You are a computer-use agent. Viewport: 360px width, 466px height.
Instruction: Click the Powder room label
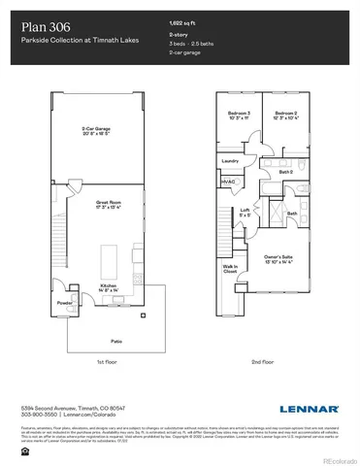[x=64, y=302]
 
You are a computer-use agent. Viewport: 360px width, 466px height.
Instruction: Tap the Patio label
[x=115, y=342]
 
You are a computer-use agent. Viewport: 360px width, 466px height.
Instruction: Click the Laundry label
[x=230, y=160]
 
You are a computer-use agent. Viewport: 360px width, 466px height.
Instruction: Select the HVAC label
[x=229, y=181]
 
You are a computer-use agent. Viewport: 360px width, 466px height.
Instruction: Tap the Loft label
[x=245, y=211]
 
